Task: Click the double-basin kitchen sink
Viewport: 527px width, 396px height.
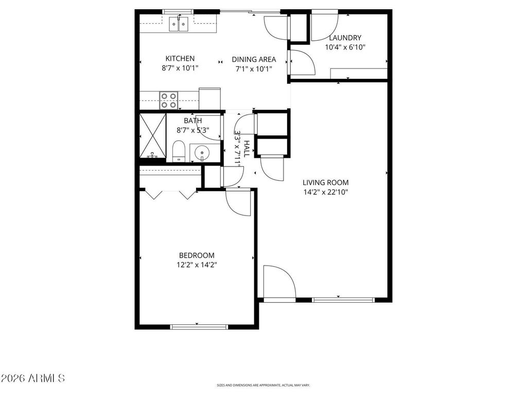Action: (x=179, y=23)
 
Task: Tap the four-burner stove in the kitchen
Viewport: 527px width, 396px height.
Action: (x=168, y=100)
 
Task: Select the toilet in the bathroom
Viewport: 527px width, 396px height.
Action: (x=179, y=151)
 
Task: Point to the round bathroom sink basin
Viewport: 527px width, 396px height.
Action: (x=201, y=153)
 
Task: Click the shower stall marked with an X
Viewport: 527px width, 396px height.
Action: (x=153, y=138)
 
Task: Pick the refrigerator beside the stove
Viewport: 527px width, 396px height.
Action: (x=209, y=98)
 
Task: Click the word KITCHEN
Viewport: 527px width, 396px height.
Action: (x=180, y=59)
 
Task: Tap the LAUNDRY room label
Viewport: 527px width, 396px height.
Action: (x=345, y=38)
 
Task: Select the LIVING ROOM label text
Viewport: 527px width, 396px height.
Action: (x=325, y=183)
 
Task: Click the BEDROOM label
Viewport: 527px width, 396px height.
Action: (x=197, y=255)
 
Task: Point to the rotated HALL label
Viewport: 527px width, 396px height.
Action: (x=247, y=148)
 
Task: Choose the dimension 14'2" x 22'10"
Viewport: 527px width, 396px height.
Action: (x=325, y=192)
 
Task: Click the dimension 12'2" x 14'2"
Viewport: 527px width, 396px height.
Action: (x=197, y=265)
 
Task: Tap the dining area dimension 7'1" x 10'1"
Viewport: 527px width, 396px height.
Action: (x=253, y=69)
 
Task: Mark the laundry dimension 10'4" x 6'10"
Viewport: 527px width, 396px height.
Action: (x=345, y=47)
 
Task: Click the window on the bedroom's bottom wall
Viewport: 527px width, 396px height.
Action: (x=199, y=326)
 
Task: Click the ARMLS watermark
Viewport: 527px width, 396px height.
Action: (x=33, y=378)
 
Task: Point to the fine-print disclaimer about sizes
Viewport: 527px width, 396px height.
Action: (x=263, y=385)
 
